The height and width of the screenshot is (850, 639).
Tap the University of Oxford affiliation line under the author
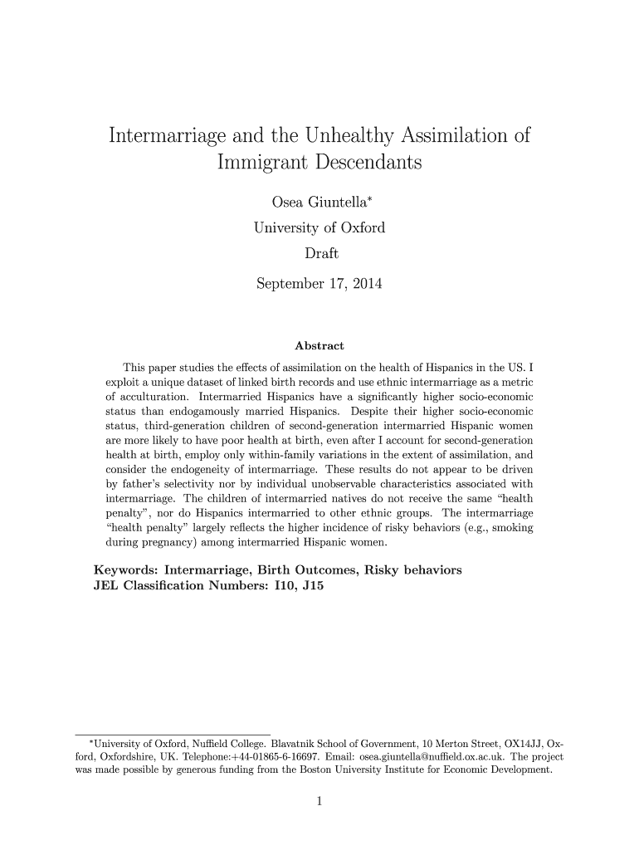pyautogui.click(x=319, y=227)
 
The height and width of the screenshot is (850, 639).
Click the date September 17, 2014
pyautogui.click(x=319, y=285)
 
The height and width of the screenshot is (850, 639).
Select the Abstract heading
pyautogui.click(x=319, y=345)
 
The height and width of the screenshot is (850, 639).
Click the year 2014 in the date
pyautogui.click(x=364, y=285)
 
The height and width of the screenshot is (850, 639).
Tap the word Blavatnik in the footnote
pyautogui.click(x=309, y=742)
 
